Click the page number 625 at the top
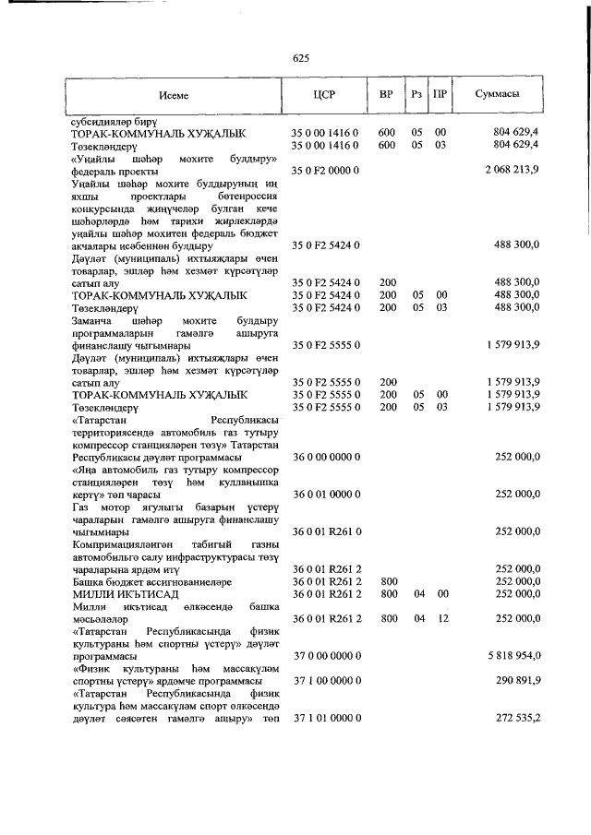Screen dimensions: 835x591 [x=299, y=59]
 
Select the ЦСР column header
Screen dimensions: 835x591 [x=325, y=94]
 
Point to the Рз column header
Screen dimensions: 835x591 [x=417, y=94]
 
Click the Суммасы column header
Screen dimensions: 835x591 [x=496, y=94]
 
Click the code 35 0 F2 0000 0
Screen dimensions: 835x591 [x=325, y=171]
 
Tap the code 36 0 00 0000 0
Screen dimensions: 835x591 [x=325, y=457]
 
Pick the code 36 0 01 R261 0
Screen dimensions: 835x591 [x=325, y=531]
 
